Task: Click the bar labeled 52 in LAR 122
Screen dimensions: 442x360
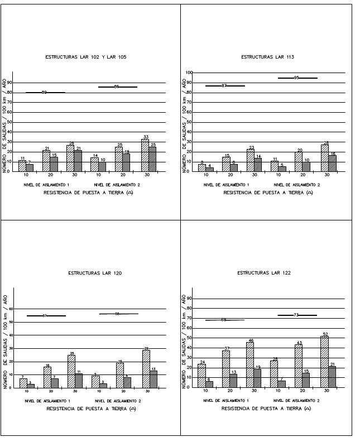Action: click(324, 362)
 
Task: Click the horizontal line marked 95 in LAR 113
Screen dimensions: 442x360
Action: click(297, 78)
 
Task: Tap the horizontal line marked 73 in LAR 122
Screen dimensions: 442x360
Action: click(297, 315)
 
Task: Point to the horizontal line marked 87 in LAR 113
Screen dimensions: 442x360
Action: click(224, 86)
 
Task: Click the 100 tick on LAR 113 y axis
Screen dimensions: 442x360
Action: click(189, 73)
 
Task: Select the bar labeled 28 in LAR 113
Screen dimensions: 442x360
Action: click(324, 158)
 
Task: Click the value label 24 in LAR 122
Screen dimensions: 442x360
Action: click(201, 362)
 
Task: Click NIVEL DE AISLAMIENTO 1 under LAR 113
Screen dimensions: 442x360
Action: click(226, 184)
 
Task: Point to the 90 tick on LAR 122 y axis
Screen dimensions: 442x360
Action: click(190, 299)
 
